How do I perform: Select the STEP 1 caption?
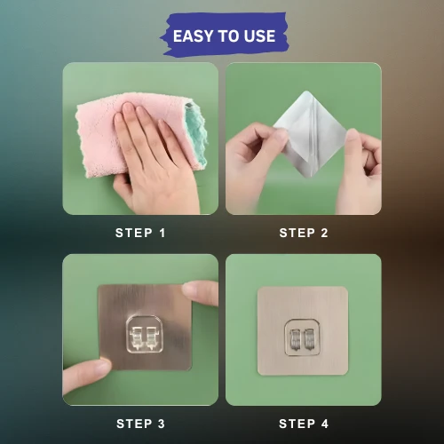(x=140, y=233)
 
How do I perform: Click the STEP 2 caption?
(x=304, y=233)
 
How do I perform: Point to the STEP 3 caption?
(x=140, y=424)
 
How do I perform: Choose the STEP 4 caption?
(x=304, y=424)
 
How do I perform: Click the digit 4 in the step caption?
(x=325, y=424)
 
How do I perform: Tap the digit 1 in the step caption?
(x=163, y=233)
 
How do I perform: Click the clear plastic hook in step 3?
(x=145, y=335)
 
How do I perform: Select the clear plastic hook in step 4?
(x=302, y=337)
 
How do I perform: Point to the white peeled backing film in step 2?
(x=309, y=134)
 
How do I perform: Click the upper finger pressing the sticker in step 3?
(x=201, y=292)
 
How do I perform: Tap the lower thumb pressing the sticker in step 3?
(x=86, y=376)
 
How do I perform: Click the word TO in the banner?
(x=226, y=36)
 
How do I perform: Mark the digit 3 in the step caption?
(x=162, y=424)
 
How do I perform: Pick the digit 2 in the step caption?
(x=324, y=233)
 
